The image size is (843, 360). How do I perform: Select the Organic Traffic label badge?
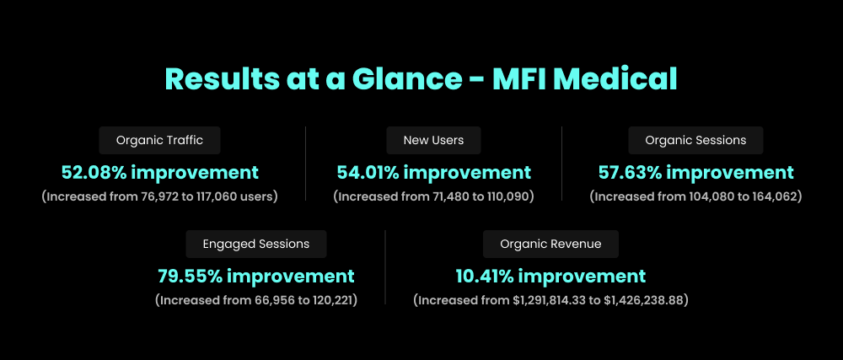coord(159,140)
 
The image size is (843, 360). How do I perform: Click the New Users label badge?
coord(433,140)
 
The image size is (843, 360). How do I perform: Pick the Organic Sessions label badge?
coord(695,140)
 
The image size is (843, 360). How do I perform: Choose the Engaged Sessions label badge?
coord(255,244)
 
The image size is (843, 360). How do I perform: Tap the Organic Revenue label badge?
coord(550,244)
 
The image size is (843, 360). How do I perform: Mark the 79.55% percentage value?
coord(190,277)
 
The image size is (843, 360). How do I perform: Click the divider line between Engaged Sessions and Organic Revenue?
coord(385,266)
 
